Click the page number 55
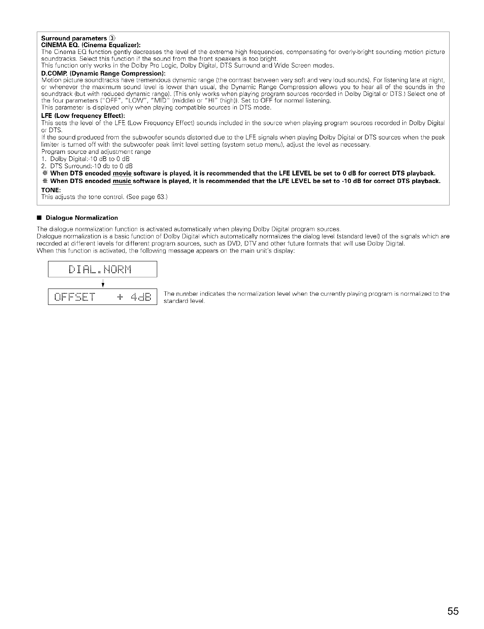pyautogui.click(x=453, y=612)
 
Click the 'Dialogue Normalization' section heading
pyautogui.click(x=82, y=218)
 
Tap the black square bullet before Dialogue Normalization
pyautogui.click(x=39, y=218)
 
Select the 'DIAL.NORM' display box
pyautogui.click(x=102, y=269)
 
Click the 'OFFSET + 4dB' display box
pyautogui.click(x=102, y=297)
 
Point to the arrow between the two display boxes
pyautogui.click(x=104, y=283)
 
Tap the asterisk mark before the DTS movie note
pyautogui.click(x=45, y=173)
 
